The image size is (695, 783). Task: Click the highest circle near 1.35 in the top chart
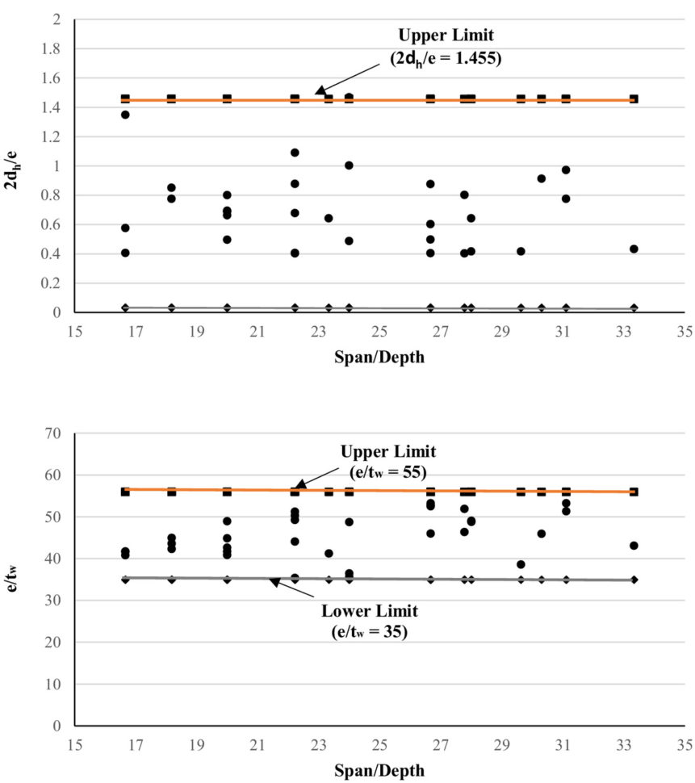click(x=125, y=115)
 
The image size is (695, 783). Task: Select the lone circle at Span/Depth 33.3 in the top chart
click(x=634, y=249)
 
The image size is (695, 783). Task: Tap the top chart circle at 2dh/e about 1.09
click(x=295, y=153)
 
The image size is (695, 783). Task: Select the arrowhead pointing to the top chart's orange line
click(x=319, y=91)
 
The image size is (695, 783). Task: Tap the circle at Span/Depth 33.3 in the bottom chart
click(x=634, y=546)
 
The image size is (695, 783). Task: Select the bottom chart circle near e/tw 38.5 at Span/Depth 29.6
click(x=521, y=564)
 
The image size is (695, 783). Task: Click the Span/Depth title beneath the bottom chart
click(x=379, y=770)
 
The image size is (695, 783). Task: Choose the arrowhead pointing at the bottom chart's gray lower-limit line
click(x=274, y=581)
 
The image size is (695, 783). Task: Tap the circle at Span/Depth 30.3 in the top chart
click(x=541, y=178)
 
